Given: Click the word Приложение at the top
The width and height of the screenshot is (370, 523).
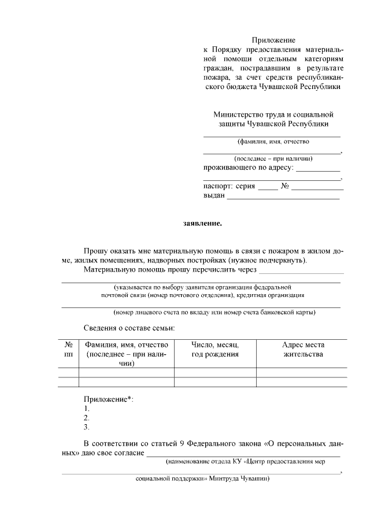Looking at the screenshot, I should point(273,40).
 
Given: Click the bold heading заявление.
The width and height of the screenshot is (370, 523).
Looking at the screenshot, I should point(202,222).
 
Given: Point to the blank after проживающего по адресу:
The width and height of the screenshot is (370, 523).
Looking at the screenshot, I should point(318,170).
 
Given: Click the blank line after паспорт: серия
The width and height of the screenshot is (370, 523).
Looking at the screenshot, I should point(267,188).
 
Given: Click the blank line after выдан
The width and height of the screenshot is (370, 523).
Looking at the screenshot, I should point(283,198).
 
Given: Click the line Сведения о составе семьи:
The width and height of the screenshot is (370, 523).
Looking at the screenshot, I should point(129,328).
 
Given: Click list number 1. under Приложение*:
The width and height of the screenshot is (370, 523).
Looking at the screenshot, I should point(87,409).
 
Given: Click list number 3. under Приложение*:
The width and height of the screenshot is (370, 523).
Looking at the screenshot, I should point(87,427).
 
